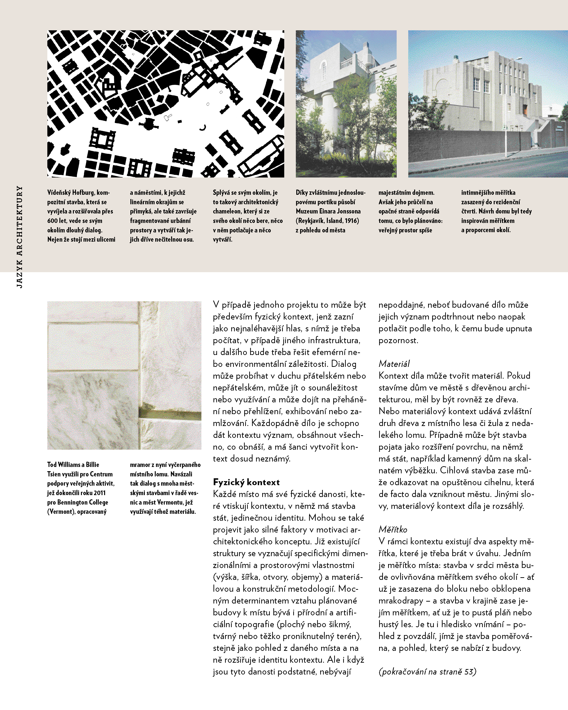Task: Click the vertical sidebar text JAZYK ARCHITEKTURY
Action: (19, 237)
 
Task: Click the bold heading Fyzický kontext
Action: (246, 482)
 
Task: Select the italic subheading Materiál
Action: (394, 364)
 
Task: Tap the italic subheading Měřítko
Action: (393, 529)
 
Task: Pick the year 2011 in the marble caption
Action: (99, 493)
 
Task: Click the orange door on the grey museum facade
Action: (526, 109)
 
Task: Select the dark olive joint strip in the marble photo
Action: (170, 415)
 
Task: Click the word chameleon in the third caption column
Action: (227, 211)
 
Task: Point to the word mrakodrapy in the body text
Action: (401, 601)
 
